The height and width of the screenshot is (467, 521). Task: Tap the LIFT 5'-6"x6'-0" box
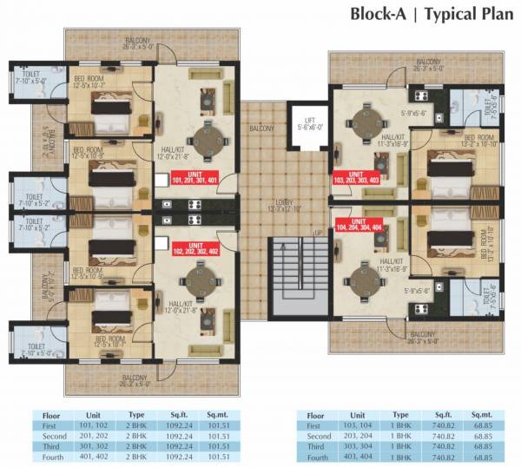pos(307,125)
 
